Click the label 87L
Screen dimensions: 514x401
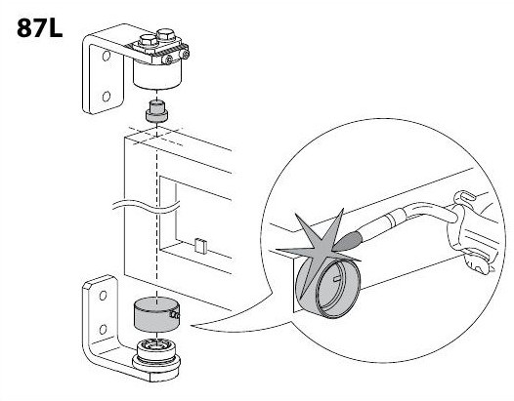pyautogui.click(x=39, y=28)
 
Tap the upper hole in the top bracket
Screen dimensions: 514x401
pyautogui.click(x=106, y=56)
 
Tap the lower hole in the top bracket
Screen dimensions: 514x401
pyautogui.click(x=106, y=97)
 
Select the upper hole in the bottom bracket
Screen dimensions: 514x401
pyautogui.click(x=103, y=296)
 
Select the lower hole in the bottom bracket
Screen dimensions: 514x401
pyautogui.click(x=103, y=330)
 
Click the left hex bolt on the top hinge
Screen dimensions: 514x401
pyautogui.click(x=149, y=41)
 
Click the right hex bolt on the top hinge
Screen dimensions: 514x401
pyautogui.click(x=166, y=35)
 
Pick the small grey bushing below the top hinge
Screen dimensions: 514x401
pyautogui.click(x=156, y=112)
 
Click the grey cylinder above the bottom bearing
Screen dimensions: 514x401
pyautogui.click(x=156, y=315)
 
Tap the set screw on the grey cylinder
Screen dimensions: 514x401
pyautogui.click(x=175, y=315)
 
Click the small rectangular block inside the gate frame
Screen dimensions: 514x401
pyautogui.click(x=200, y=246)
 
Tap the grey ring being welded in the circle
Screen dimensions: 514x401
pyautogui.click(x=327, y=288)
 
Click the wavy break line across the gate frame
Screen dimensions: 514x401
pyautogui.click(x=147, y=207)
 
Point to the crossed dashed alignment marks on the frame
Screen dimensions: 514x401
pyautogui.click(x=156, y=135)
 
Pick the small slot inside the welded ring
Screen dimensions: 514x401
pyautogui.click(x=337, y=279)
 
